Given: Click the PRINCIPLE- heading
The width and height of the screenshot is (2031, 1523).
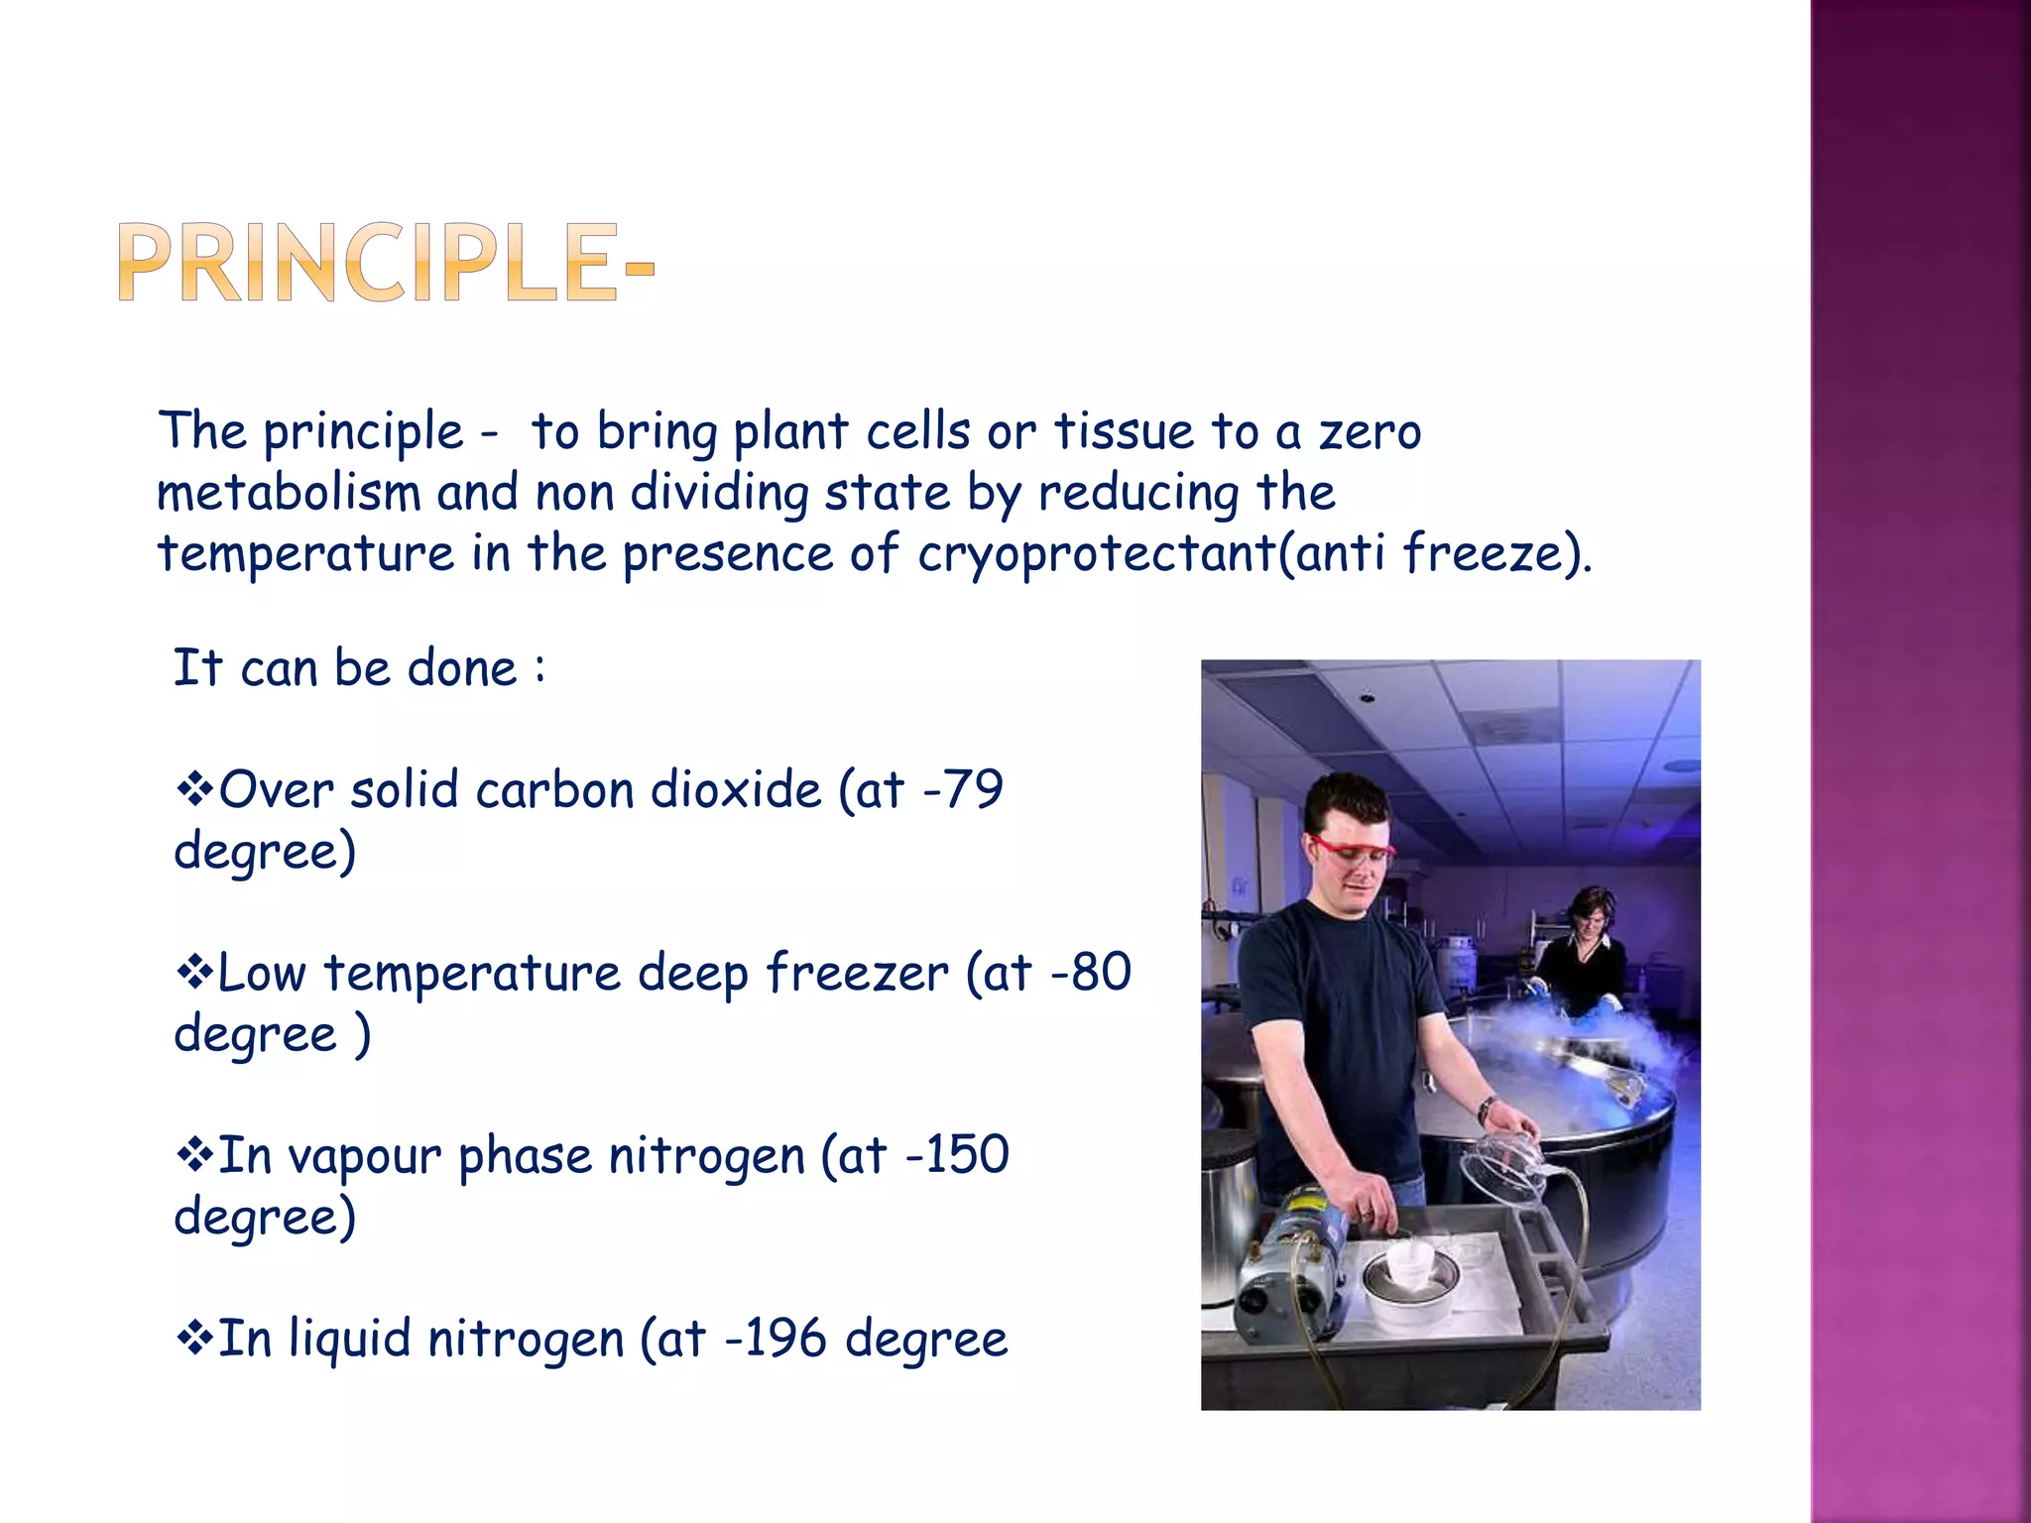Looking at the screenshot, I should (387, 263).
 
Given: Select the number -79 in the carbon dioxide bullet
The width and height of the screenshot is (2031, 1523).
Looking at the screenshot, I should (963, 790).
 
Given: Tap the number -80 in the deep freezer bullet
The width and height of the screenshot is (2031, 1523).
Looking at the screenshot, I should (1090, 973).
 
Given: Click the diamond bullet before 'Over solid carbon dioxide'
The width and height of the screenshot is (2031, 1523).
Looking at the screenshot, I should (194, 790).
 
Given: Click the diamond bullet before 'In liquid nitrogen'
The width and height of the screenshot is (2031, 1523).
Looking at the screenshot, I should (194, 1339).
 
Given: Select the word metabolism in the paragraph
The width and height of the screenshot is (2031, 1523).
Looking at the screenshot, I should (289, 493).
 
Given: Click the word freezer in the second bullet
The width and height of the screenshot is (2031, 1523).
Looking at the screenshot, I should (856, 973).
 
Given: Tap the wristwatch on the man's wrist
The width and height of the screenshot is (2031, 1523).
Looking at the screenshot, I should (1487, 1110).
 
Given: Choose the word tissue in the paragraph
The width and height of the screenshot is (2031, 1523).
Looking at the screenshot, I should (1124, 432).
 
